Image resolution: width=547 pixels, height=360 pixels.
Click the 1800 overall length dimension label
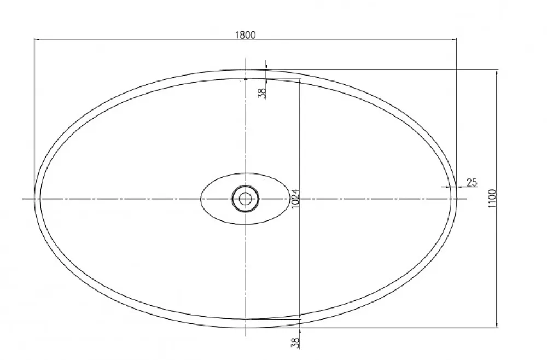click(246, 35)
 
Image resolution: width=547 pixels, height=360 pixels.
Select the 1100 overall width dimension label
click(492, 199)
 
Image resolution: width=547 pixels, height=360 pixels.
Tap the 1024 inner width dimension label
click(295, 199)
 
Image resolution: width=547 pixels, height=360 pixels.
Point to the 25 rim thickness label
click(472, 182)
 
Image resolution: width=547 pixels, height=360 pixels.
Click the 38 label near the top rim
click(263, 93)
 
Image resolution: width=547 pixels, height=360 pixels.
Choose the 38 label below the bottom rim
click(295, 342)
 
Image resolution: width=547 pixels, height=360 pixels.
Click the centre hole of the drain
click(245, 199)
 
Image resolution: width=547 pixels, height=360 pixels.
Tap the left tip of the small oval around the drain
click(201, 199)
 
